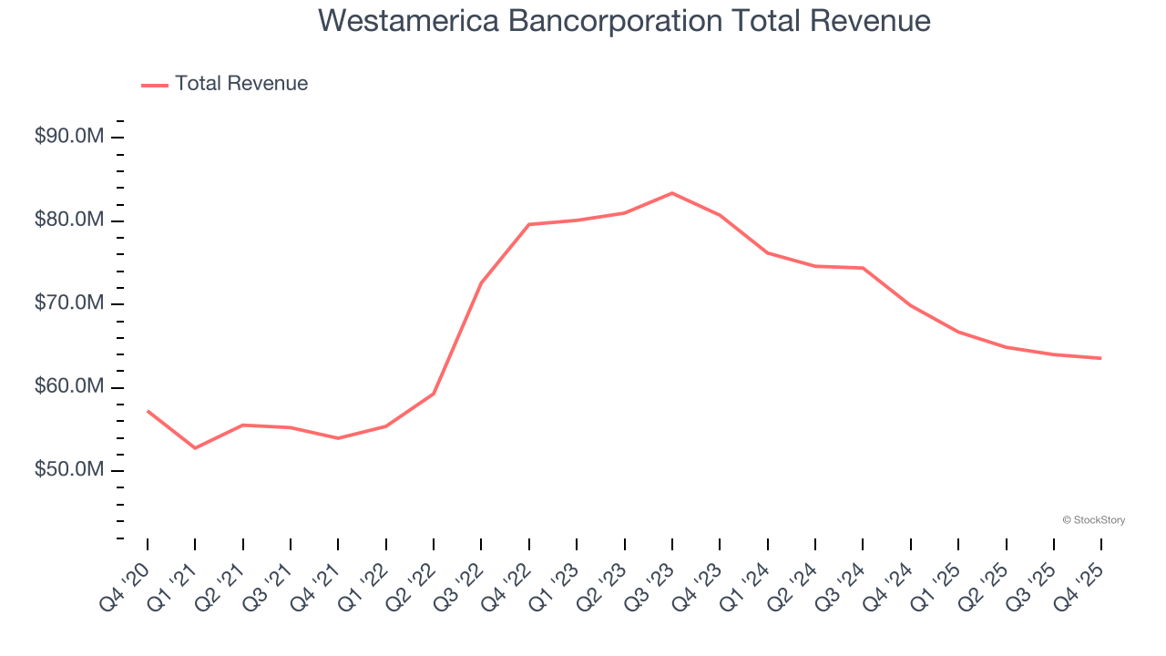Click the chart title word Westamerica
pos(406,21)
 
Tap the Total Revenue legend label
pos(241,84)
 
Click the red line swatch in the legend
pos(155,85)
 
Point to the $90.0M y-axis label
pos(69,137)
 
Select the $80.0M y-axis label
pos(69,220)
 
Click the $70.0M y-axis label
pos(69,303)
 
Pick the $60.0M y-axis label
pos(69,387)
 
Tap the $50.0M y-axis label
pos(69,470)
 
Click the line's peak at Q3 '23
pos(672,193)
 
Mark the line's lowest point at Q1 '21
pos(195,448)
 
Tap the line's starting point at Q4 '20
pos(148,411)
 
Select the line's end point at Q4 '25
pos(1101,358)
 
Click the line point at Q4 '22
pos(529,224)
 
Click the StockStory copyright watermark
pos(1093,520)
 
